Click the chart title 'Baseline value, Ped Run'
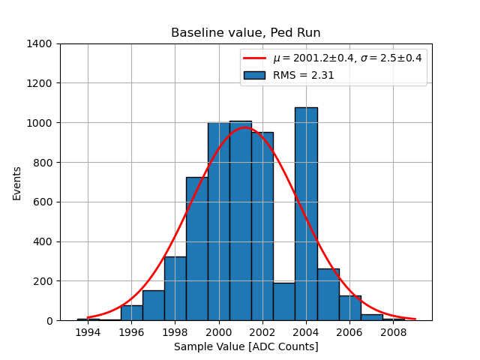point(245,33)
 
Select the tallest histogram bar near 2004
point(306,214)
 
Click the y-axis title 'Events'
point(17,182)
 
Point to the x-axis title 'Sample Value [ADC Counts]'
point(246,346)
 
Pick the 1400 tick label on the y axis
point(39,43)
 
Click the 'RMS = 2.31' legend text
point(303,75)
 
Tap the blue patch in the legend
point(254,75)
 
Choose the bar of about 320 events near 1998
point(175,289)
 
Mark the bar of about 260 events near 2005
point(328,295)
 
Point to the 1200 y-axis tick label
point(39,83)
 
